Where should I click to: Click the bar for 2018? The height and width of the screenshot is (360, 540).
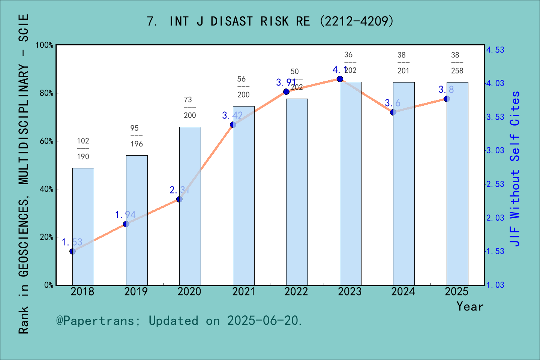tap(83, 226)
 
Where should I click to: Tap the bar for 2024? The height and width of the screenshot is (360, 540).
tap(403, 184)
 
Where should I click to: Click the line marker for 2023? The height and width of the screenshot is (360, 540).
tap(340, 79)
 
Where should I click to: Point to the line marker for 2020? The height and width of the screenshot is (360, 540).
tap(179, 199)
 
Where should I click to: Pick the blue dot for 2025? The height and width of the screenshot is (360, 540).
tap(447, 99)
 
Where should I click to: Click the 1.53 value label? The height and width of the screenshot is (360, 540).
tap(72, 242)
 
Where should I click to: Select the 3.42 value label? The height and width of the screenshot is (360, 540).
tap(232, 115)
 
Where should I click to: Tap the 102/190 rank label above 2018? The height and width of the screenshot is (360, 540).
tap(83, 148)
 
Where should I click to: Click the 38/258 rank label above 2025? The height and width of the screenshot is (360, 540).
tap(457, 63)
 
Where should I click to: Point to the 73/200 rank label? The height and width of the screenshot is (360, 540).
tap(190, 107)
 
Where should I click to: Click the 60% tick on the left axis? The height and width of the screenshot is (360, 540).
tap(46, 141)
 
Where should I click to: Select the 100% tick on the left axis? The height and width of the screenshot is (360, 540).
tap(45, 45)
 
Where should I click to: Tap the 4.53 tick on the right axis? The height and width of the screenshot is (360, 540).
tap(495, 50)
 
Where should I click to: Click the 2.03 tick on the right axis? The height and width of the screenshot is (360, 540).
tap(495, 218)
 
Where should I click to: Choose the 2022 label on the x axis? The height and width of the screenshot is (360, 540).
tap(296, 292)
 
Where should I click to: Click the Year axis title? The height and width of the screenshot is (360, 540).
tap(469, 307)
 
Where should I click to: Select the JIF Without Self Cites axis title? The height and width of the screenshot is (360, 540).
tap(515, 169)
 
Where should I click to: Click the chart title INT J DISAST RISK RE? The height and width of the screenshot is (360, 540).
tap(270, 21)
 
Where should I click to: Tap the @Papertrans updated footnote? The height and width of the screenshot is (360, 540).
tap(179, 321)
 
